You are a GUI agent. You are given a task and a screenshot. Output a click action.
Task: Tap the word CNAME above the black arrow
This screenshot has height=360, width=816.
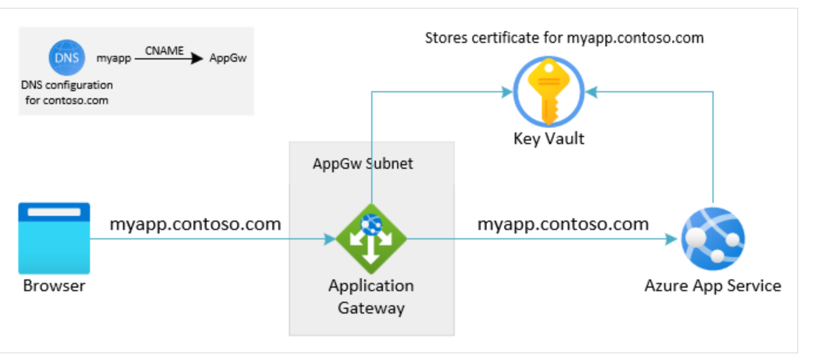pyautogui.click(x=164, y=51)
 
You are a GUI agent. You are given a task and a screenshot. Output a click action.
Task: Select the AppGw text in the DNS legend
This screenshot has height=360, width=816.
pyautogui.click(x=228, y=59)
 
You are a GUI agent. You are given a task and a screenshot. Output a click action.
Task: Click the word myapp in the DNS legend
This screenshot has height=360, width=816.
pyautogui.click(x=114, y=59)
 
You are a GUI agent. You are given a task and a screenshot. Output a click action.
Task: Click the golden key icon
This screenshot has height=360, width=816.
pyautogui.click(x=548, y=92)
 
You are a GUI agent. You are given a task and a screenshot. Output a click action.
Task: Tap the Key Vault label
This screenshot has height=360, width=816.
pyautogui.click(x=548, y=139)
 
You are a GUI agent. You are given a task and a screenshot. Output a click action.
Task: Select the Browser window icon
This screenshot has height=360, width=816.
pyautogui.click(x=54, y=238)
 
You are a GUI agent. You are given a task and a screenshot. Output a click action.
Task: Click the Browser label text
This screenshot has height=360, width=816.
pyautogui.click(x=54, y=286)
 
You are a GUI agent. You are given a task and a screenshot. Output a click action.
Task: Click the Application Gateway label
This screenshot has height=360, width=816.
pyautogui.click(x=371, y=296)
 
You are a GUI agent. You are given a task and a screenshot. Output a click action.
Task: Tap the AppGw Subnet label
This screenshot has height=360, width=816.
pyautogui.click(x=362, y=163)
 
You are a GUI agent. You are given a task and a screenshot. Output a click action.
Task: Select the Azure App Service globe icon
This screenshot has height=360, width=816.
pyautogui.click(x=712, y=238)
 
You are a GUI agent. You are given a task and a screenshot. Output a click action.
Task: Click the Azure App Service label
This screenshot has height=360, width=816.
pyautogui.click(x=712, y=286)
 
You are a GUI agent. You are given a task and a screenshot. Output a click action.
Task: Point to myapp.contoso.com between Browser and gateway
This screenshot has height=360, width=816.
pyautogui.click(x=195, y=224)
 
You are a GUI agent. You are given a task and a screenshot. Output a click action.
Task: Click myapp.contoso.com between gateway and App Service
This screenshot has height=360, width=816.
pyautogui.click(x=563, y=224)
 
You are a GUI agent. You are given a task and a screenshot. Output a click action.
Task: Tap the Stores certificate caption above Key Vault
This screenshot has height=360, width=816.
pyautogui.click(x=564, y=38)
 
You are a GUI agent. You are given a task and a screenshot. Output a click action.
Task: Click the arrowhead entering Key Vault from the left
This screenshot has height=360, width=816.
pyautogui.click(x=506, y=92)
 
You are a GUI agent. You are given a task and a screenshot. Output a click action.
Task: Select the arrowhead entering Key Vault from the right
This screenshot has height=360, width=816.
pyautogui.click(x=591, y=92)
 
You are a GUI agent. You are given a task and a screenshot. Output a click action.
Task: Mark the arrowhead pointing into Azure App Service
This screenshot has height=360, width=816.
pyautogui.click(x=671, y=239)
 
